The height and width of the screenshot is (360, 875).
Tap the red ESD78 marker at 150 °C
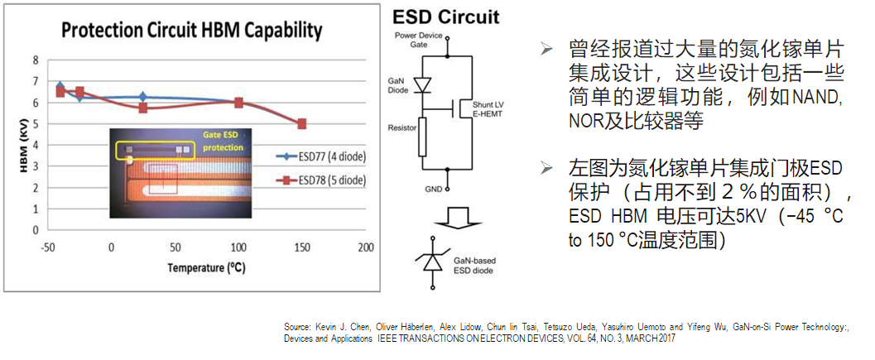[302, 124]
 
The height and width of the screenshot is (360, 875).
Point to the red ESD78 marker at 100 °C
[238, 103]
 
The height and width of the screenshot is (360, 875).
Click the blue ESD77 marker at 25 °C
[143, 98]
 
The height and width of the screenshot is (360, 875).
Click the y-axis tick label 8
[36, 60]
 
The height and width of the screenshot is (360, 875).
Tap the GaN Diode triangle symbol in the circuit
[424, 85]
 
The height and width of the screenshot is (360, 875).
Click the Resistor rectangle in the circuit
[423, 136]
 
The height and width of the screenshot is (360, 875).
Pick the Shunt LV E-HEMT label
[488, 110]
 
